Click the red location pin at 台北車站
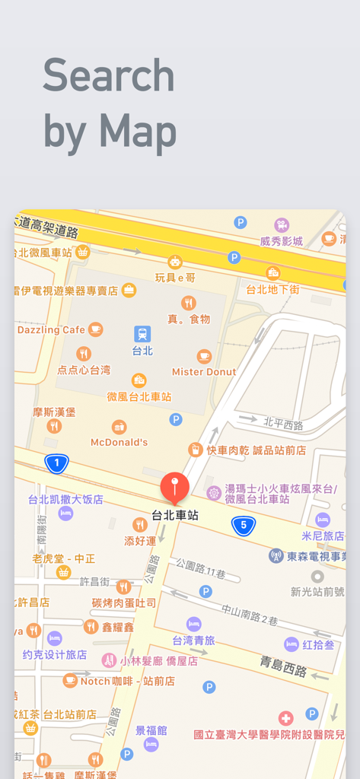[175, 487]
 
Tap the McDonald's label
[119, 442]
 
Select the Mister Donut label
[204, 372]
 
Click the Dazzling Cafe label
[52, 330]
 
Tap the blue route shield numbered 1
[56, 462]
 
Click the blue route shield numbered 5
[244, 525]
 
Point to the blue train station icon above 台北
[142, 334]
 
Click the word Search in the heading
[109, 76]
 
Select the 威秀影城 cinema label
[282, 241]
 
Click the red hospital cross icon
[285, 718]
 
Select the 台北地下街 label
[272, 289]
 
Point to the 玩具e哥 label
[175, 277]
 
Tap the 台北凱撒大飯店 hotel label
[65, 500]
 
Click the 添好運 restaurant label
[140, 540]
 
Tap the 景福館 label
[151, 731]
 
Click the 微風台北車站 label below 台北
[139, 396]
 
